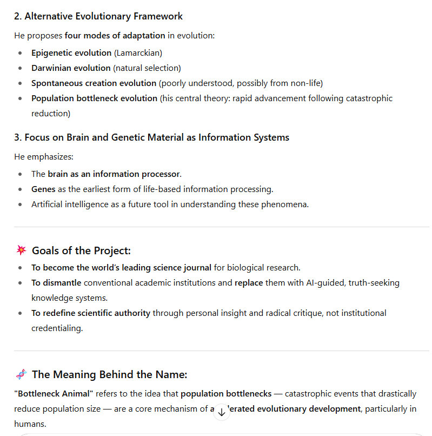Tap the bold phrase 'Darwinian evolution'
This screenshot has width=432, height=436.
point(71,68)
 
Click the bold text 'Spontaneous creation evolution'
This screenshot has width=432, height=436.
point(94,83)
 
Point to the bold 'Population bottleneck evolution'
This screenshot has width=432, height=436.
point(94,98)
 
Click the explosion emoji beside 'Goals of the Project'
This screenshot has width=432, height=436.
point(21,250)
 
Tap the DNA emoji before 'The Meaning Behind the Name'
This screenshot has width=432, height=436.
point(21,374)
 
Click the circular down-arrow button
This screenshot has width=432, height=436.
point(221,412)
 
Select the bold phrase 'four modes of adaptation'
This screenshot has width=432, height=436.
point(115,36)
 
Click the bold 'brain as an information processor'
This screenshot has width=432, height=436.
point(114,174)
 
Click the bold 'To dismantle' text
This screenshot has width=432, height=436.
point(56,283)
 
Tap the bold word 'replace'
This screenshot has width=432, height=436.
point(249,283)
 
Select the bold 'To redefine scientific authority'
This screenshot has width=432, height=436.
point(91,313)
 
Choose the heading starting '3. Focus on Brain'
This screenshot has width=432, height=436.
point(151,137)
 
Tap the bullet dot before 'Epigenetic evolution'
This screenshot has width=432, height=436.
point(20,53)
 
